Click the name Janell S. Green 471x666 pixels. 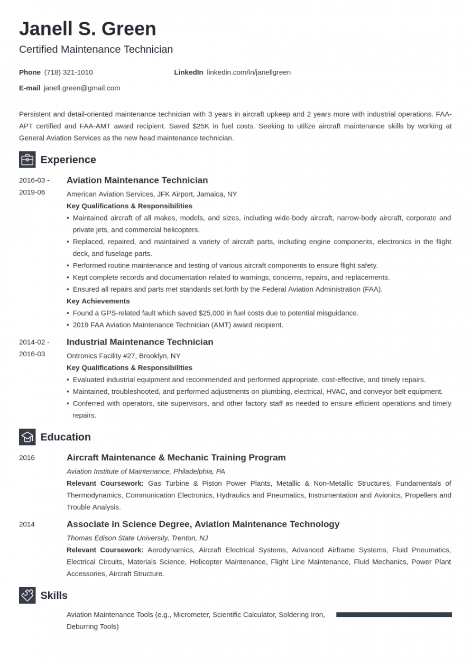(x=88, y=29)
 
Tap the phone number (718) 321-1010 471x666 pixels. (x=68, y=72)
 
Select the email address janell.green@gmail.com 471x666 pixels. (x=82, y=88)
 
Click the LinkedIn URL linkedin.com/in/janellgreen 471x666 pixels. (x=248, y=72)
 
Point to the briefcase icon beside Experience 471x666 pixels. (x=27, y=160)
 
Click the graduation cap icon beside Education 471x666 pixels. (x=27, y=437)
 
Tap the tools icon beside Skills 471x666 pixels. (x=27, y=596)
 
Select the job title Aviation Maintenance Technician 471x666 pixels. (x=137, y=180)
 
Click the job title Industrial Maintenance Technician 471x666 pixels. (x=140, y=342)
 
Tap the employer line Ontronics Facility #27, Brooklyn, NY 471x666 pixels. (x=123, y=356)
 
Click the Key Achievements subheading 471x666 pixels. (x=98, y=301)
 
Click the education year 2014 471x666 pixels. (x=27, y=524)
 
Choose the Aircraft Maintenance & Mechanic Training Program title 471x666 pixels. (x=176, y=458)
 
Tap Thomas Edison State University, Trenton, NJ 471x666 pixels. (x=137, y=538)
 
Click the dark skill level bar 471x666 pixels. (x=394, y=615)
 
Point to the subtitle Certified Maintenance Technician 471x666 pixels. (x=96, y=50)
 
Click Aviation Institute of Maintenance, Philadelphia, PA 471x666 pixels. (x=145, y=471)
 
